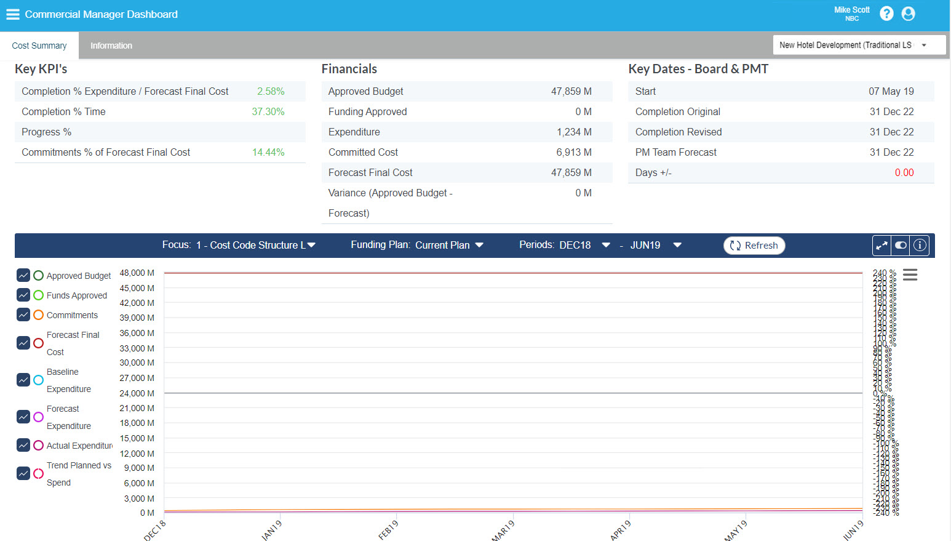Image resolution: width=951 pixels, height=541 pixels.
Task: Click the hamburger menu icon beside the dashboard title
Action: click(x=13, y=14)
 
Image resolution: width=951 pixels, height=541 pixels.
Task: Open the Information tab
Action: click(x=111, y=46)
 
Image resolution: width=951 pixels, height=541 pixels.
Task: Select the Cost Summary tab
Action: click(x=39, y=46)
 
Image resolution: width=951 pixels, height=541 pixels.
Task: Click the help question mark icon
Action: click(x=886, y=14)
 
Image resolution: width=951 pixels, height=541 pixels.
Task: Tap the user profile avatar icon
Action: click(x=908, y=14)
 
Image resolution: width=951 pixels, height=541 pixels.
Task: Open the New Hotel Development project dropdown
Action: click(x=859, y=45)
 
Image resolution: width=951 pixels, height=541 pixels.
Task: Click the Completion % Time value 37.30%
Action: click(x=268, y=111)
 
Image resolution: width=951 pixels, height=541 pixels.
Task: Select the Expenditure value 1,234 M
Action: click(x=573, y=132)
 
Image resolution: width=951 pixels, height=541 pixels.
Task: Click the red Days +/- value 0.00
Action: click(x=904, y=172)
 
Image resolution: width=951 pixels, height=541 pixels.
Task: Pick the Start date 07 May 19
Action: click(x=891, y=91)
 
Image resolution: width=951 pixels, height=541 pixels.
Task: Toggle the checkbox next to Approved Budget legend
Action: click(x=23, y=275)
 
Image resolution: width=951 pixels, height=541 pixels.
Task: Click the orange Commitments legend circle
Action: click(x=38, y=315)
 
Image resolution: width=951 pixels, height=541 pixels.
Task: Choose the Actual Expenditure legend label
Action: click(x=79, y=446)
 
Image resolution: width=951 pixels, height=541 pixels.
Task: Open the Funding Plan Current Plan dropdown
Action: click(x=417, y=245)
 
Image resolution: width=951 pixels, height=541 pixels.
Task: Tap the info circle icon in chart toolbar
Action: click(x=920, y=245)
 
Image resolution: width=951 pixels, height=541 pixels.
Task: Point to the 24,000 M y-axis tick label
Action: click(x=137, y=393)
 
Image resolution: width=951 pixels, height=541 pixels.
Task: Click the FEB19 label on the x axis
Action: click(x=388, y=530)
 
